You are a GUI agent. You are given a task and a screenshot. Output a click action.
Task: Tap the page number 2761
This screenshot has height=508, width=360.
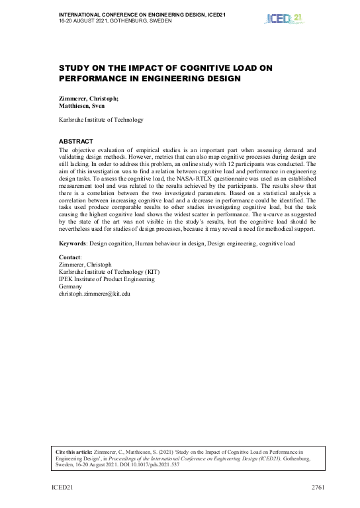[320, 487]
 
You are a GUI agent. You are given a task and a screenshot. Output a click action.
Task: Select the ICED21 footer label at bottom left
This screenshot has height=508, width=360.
[64, 487]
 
